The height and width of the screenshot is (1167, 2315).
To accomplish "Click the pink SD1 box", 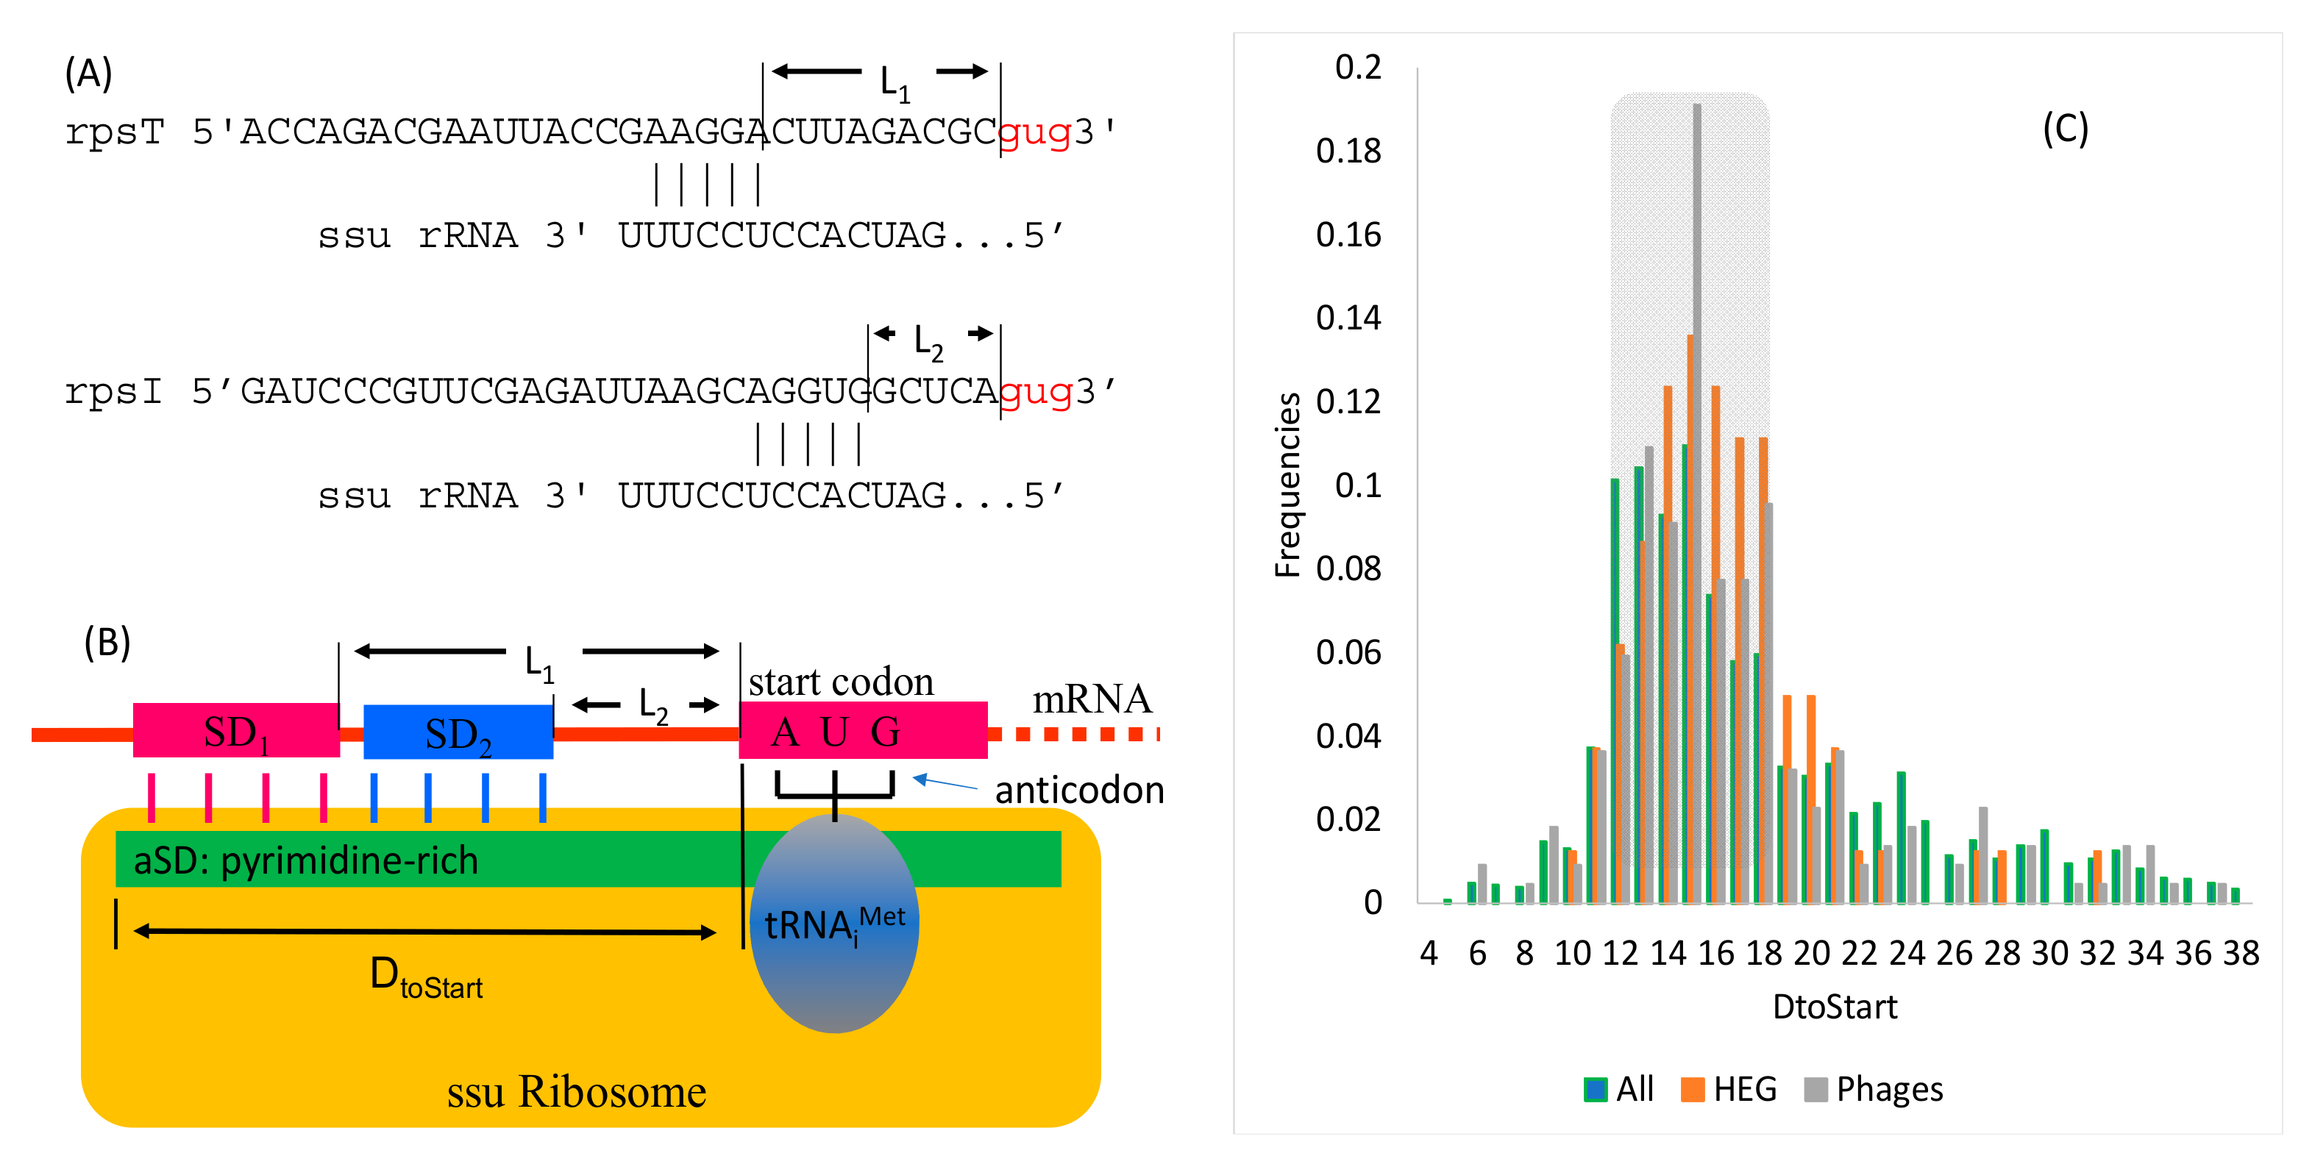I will click(x=235, y=730).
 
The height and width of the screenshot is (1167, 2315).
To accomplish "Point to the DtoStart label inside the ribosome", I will click(x=426, y=977).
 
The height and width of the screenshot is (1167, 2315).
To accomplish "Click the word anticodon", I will click(x=1078, y=791).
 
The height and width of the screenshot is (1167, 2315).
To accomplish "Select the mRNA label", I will click(x=1091, y=699).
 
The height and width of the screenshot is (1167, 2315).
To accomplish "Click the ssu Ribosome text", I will click(x=576, y=1091).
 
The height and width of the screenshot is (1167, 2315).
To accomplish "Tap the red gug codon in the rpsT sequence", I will click(x=1034, y=132).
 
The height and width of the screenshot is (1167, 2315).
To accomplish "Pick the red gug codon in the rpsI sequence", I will click(x=1035, y=392).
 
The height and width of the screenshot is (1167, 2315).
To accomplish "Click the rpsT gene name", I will click(x=114, y=132).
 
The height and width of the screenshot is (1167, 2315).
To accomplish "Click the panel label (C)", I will click(x=2064, y=129).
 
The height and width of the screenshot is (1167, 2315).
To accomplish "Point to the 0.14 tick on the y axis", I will click(x=1348, y=318).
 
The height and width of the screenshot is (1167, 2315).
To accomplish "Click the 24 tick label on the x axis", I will click(x=1906, y=953).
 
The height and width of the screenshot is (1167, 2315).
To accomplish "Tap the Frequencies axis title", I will click(x=1287, y=485).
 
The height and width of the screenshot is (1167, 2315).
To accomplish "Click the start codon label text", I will click(x=840, y=682).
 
